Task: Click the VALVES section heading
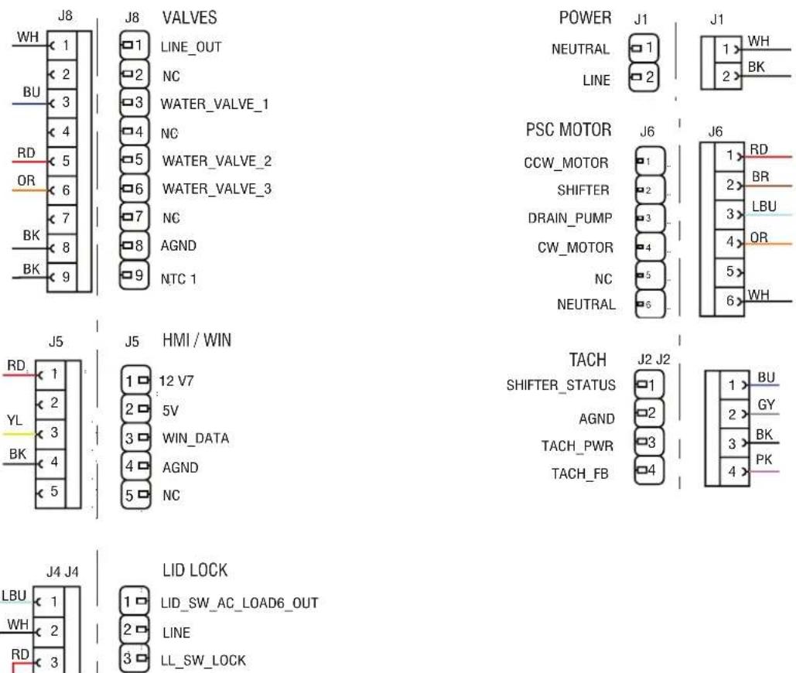[x=190, y=18]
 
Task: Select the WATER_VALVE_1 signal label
[x=214, y=104]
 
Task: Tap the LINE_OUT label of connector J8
[x=191, y=47]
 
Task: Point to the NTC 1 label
[x=178, y=279]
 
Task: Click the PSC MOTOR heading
[x=569, y=129]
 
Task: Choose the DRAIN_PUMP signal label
[x=569, y=218]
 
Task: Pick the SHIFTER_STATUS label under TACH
[x=561, y=385]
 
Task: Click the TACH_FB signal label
[x=579, y=473]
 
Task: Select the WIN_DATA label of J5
[x=196, y=439]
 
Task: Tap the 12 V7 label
[x=176, y=381]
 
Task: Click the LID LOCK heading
[x=195, y=570]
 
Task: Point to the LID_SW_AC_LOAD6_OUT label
[x=239, y=603]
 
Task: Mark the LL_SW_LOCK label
[x=203, y=661]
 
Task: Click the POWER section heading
[x=586, y=18]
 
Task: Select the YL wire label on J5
[x=15, y=420]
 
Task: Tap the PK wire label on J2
[x=764, y=459]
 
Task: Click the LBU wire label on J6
[x=764, y=207]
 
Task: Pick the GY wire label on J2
[x=766, y=405]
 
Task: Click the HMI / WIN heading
[x=196, y=340]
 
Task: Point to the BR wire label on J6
[x=760, y=176]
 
